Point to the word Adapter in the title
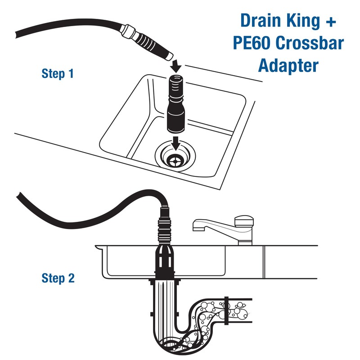pos(288,66)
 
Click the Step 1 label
pos(57,73)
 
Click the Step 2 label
pos(57,278)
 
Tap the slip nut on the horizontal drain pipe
pos(226,310)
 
